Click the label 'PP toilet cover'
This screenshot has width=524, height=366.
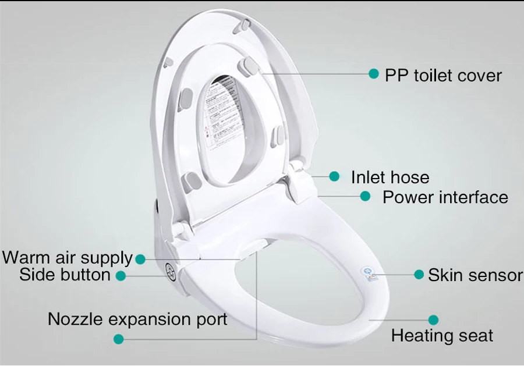pyautogui.click(x=442, y=76)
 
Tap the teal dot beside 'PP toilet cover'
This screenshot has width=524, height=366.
pyautogui.click(x=374, y=74)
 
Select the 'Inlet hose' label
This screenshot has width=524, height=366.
pyautogui.click(x=390, y=177)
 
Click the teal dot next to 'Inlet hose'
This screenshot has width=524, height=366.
pyautogui.click(x=334, y=176)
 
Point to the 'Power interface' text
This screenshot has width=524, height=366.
pyautogui.click(x=445, y=197)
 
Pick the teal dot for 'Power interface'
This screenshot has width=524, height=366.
pyautogui.click(x=365, y=197)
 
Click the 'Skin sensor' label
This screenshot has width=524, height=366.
pyautogui.click(x=475, y=275)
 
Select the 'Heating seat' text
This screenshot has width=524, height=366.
pyautogui.click(x=442, y=336)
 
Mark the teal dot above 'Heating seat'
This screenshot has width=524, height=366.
pyautogui.click(x=433, y=319)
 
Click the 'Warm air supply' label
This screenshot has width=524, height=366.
pyautogui.click(x=68, y=258)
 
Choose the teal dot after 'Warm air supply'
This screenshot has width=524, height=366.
pyautogui.click(x=140, y=259)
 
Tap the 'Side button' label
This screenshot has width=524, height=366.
pyautogui.click(x=65, y=275)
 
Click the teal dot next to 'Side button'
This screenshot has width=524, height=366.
pyautogui.click(x=121, y=276)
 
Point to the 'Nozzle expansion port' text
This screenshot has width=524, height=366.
pyautogui.click(x=137, y=319)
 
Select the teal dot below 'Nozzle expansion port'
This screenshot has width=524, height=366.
pyautogui.click(x=118, y=339)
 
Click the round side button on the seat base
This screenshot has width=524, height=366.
pyautogui.click(x=171, y=271)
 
